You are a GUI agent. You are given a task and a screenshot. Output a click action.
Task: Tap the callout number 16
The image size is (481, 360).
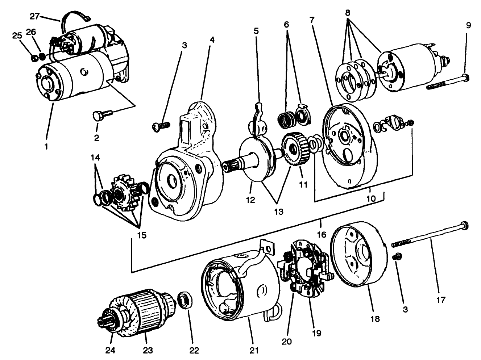click(322, 235)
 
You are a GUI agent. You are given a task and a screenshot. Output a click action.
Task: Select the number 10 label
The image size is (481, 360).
click(370, 198)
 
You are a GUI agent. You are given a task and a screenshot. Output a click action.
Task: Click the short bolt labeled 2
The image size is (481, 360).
click(100, 115)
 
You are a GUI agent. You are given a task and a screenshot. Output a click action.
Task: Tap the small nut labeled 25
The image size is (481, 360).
click(34, 57)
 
